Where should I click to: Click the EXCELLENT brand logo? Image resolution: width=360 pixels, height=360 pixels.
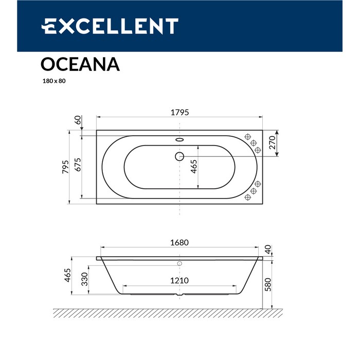coord(110,26)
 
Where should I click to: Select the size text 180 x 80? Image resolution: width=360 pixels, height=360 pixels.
coord(54,81)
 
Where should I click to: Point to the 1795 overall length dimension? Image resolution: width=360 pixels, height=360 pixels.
coord(179,113)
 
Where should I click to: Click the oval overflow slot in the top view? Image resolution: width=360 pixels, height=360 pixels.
coord(179,139)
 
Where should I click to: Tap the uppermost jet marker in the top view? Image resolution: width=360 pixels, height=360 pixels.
coord(248,137)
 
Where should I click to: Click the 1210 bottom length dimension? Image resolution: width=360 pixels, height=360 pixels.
coord(179,280)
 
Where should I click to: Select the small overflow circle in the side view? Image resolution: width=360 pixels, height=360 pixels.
coord(179,264)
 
